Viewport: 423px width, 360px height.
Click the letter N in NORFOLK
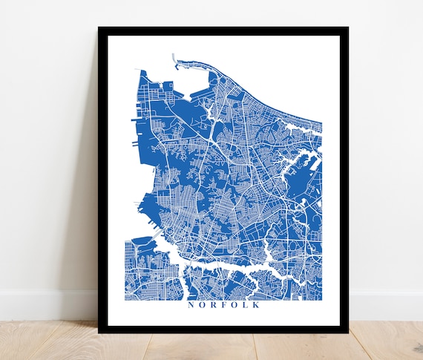click(x=191, y=304)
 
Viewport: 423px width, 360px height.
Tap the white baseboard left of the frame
click(x=45, y=304)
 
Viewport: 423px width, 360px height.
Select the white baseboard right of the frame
click(x=386, y=304)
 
